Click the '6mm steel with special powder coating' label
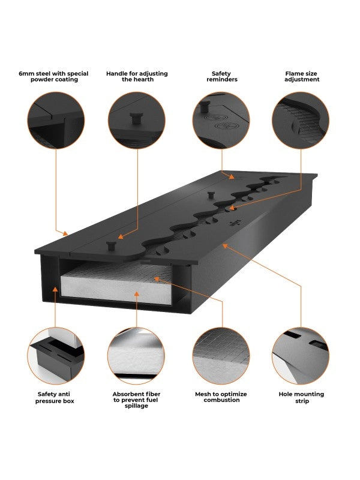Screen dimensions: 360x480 point(53,77)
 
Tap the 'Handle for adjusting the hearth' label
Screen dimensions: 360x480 point(137,77)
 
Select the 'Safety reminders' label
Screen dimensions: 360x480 point(221,77)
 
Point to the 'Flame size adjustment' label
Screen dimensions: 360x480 point(302,77)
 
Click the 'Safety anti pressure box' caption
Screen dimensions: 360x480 point(55,397)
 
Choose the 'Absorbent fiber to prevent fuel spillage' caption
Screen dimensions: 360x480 point(136,400)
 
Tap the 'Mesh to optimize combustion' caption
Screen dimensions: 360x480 point(221,397)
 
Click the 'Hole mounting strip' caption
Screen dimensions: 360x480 point(302,397)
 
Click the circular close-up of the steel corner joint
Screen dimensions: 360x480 point(56,121)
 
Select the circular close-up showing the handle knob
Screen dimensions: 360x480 point(137,121)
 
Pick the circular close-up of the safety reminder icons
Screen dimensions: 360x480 point(221,121)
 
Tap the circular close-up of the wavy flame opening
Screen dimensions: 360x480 point(301,121)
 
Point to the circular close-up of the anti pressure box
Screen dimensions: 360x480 point(56,356)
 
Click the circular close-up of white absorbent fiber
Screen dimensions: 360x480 point(136,356)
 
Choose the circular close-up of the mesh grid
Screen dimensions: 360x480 point(221,356)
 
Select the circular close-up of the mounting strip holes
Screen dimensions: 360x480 point(301,356)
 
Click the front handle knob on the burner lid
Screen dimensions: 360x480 point(111,245)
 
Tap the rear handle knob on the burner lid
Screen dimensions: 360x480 point(211,194)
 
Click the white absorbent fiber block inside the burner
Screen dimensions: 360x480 point(116,290)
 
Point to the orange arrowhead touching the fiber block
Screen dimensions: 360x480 point(137,293)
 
